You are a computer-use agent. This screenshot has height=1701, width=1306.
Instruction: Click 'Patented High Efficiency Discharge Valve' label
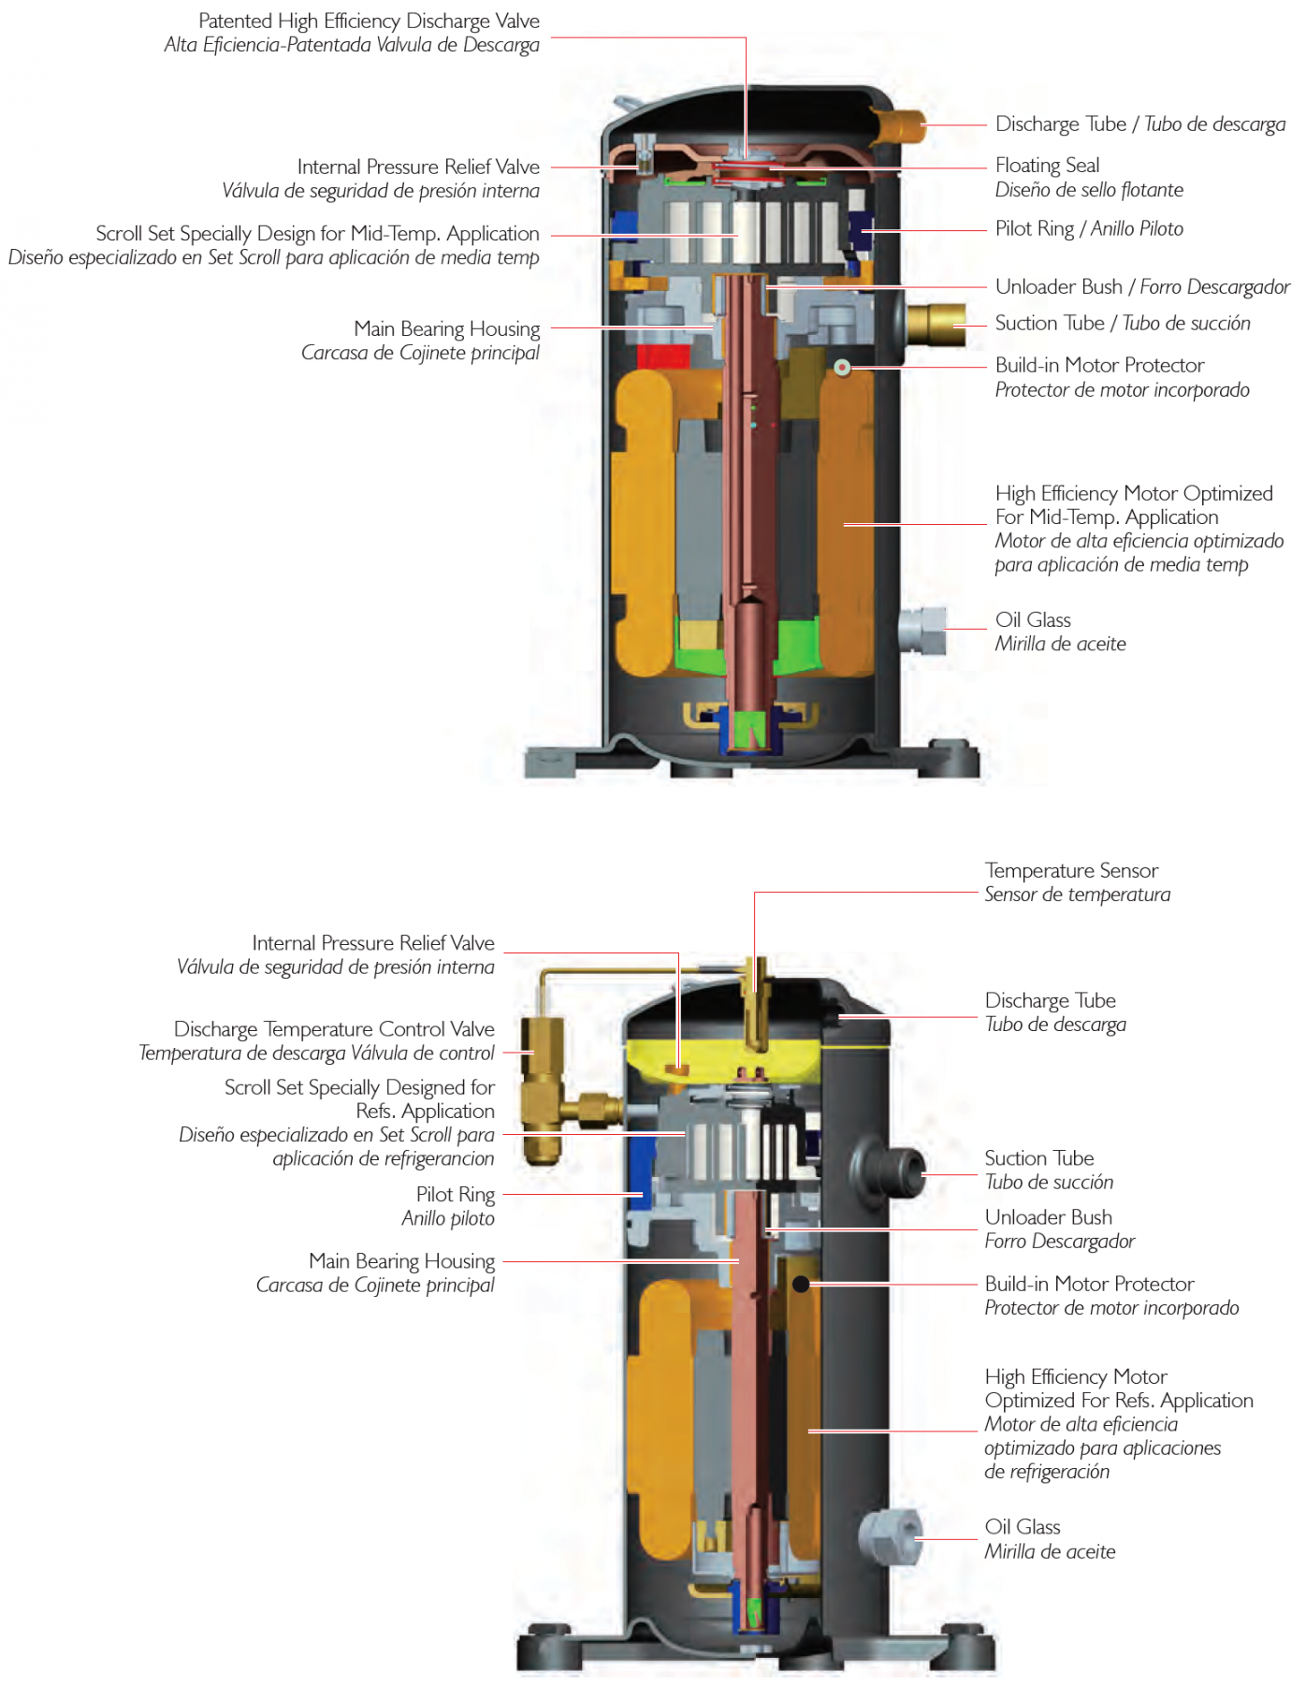click(370, 22)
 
